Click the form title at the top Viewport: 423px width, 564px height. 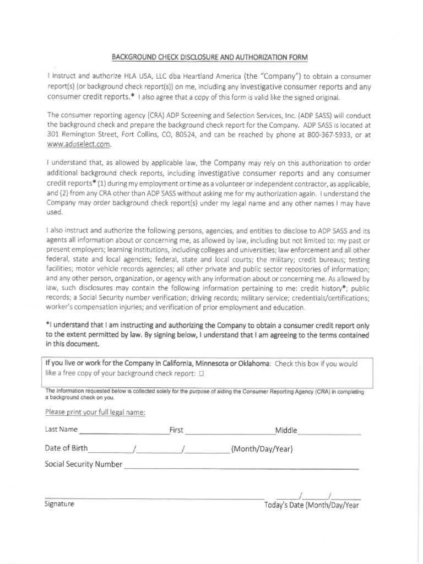[x=210, y=57]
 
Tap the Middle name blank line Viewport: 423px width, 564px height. [x=329, y=430]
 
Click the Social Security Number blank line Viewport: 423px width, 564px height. [x=241, y=465]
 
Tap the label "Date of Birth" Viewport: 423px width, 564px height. [x=66, y=448]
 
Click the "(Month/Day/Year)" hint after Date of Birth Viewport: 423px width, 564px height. [x=262, y=448]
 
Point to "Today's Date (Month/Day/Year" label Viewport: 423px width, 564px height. [x=311, y=505]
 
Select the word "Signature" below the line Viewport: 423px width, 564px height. [x=59, y=504]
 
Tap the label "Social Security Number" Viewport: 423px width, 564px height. [x=83, y=464]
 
